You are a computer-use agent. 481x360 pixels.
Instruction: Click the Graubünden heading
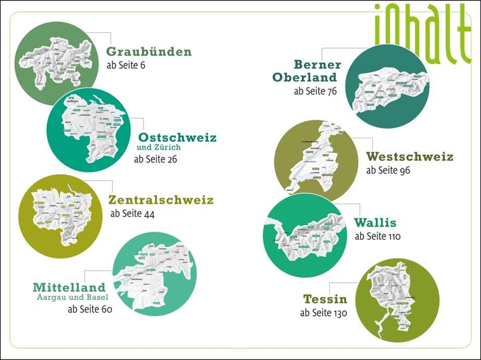pos(149,52)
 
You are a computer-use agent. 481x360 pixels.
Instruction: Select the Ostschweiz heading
pos(177,137)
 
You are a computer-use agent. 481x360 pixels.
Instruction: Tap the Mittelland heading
pos(69,287)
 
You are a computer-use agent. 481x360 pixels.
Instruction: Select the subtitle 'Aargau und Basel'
pos(72,298)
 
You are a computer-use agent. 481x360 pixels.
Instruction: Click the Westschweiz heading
pos(410,157)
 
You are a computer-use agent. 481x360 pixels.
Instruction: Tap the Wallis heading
pos(375,222)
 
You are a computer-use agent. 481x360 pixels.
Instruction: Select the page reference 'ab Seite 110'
pos(377,236)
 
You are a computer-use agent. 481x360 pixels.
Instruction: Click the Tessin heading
pos(325,299)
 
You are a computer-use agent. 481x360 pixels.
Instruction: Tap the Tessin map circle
pos(398,301)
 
